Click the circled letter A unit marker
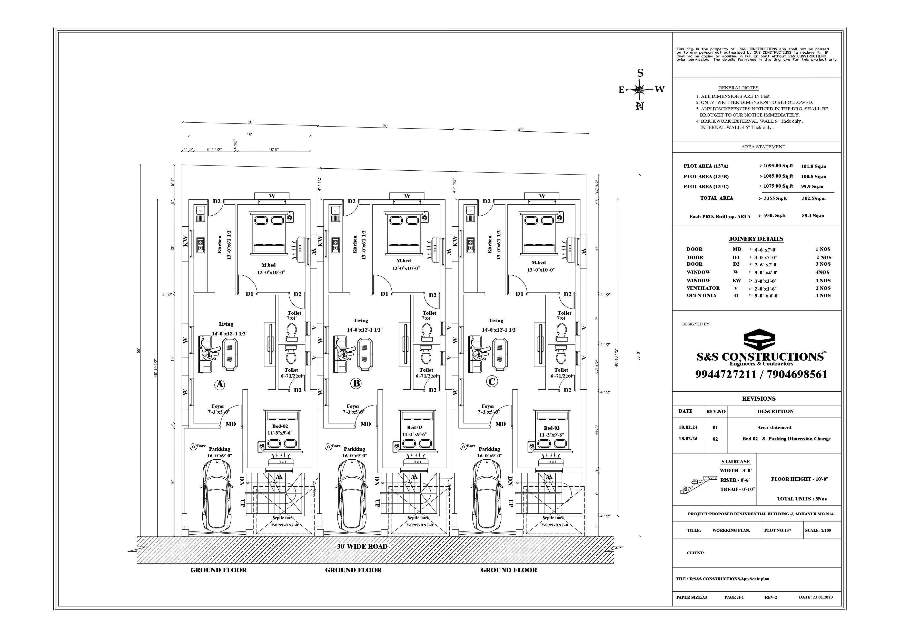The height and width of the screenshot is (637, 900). [x=220, y=384]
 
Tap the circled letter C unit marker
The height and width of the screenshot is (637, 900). [x=492, y=381]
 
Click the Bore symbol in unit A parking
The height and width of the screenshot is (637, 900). [x=193, y=446]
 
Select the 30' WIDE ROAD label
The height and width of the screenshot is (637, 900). [x=362, y=546]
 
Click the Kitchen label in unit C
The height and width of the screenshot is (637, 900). [x=490, y=244]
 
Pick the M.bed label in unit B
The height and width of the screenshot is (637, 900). [x=403, y=261]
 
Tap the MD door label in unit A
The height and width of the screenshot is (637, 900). [x=231, y=424]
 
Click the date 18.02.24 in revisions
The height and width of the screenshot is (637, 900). [x=688, y=439]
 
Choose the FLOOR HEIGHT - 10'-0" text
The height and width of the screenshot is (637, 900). [x=799, y=479]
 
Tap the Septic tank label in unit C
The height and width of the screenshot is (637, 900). [x=553, y=518]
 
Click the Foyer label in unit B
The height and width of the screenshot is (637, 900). [x=353, y=406]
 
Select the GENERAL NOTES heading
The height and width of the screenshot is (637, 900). [x=738, y=88]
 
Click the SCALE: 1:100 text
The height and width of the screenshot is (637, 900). [x=818, y=530]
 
